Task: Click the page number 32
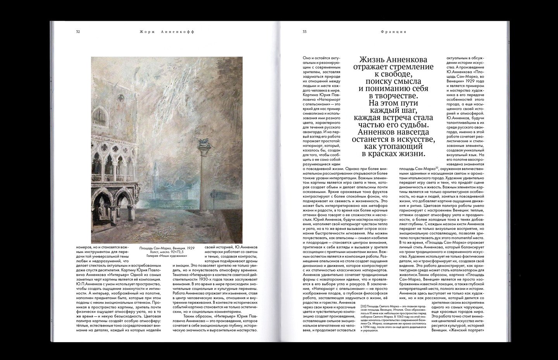(x=78, y=32)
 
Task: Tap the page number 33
(x=299, y=32)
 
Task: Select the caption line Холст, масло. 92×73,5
(x=167, y=252)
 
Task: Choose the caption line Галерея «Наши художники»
(x=167, y=256)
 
